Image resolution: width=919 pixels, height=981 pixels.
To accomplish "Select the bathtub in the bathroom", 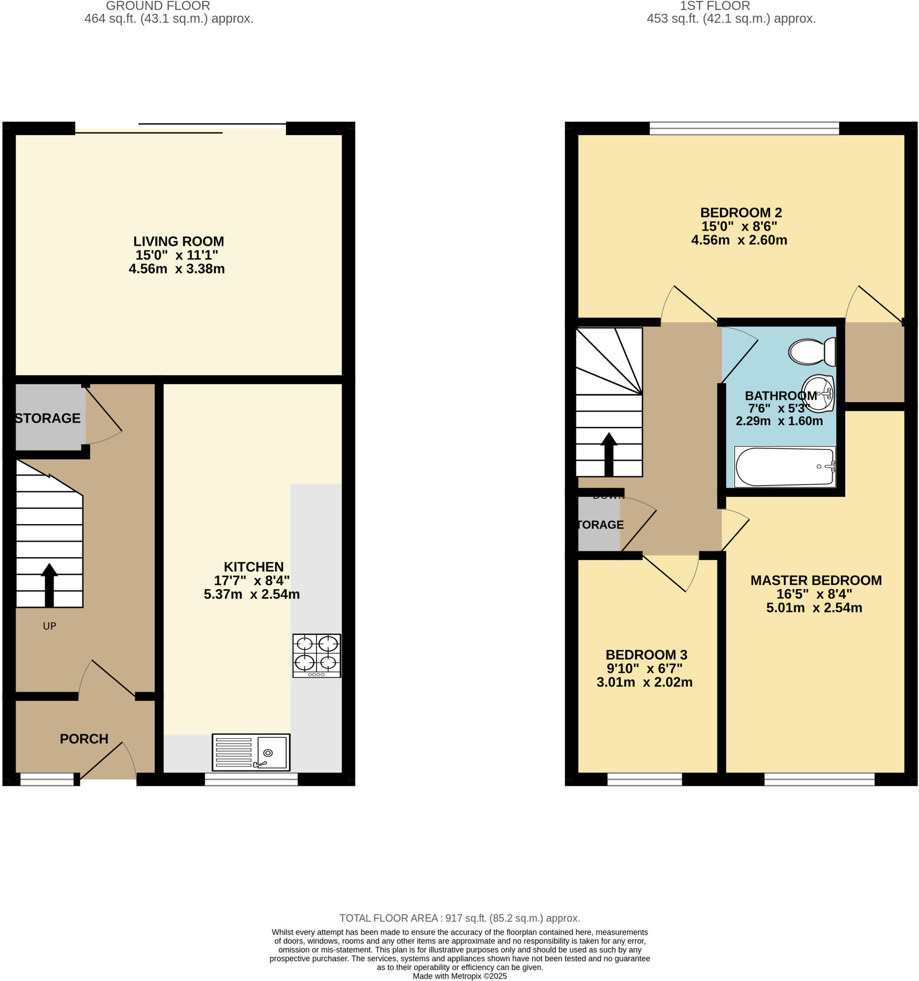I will point(784,467).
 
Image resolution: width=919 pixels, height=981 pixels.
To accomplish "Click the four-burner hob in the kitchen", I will point(316,655).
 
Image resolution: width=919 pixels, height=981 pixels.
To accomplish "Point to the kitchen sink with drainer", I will point(250,752).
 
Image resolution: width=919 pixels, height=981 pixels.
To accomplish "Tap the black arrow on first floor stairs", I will point(609,454).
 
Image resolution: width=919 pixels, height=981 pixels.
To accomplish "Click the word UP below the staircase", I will point(49,626).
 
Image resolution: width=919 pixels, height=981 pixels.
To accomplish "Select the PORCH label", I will point(84,739).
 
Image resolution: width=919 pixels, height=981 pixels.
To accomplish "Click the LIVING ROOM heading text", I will point(179,241).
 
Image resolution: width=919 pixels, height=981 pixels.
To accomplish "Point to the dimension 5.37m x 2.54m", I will point(251,594).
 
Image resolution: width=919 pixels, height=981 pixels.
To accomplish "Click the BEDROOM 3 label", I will point(646,655).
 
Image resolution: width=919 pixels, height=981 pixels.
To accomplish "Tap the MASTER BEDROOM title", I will point(816,580).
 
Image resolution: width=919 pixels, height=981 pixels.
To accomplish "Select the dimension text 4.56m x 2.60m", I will point(739,240).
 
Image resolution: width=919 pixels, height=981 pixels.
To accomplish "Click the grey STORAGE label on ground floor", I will point(47,418).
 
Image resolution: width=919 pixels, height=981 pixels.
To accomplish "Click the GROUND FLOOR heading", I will point(158,6).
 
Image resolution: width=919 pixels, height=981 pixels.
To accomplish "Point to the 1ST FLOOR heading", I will point(715,6).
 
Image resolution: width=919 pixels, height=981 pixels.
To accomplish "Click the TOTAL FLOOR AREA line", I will point(459,918).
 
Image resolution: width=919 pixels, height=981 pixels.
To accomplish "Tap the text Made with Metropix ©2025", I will point(459,976).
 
